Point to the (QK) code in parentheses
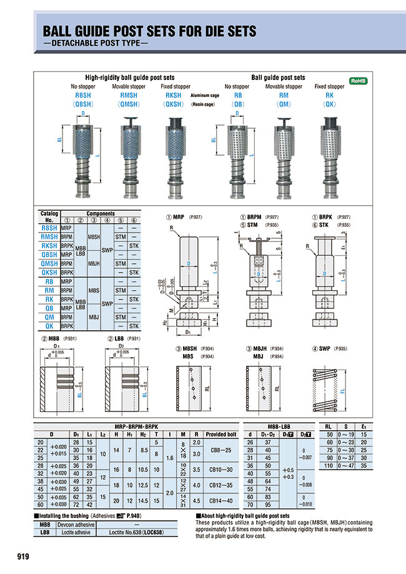[329, 104]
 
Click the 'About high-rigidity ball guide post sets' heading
[244, 516]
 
